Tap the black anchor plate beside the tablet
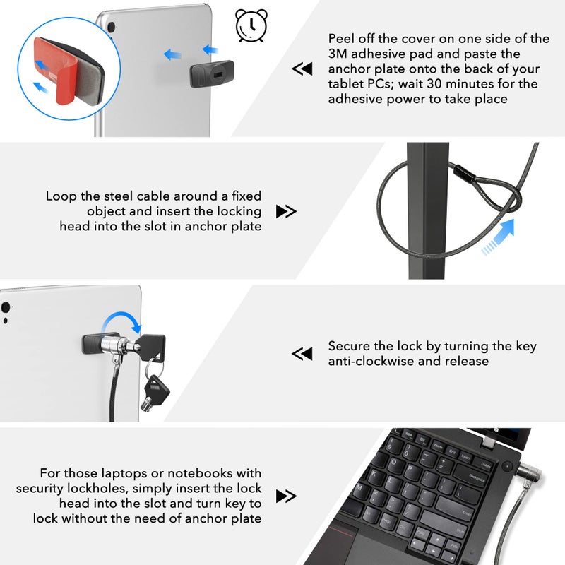(x=211, y=73)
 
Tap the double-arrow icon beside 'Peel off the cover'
(x=302, y=69)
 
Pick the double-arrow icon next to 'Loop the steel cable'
(x=286, y=211)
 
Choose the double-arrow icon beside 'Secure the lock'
(x=302, y=354)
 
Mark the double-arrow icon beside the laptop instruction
(x=286, y=496)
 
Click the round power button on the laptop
(x=506, y=467)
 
